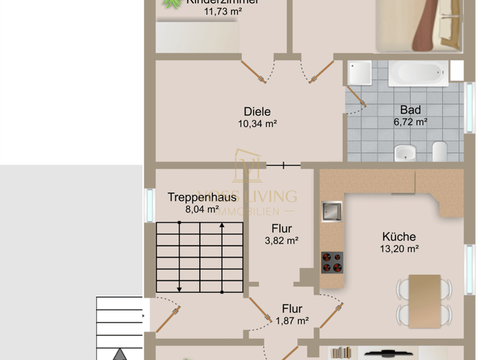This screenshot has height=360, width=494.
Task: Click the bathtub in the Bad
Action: point(419,73)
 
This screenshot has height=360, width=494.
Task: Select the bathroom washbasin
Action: point(405,152)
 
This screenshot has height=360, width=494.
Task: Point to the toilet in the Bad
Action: point(440,152)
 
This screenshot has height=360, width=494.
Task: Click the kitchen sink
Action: point(333,212)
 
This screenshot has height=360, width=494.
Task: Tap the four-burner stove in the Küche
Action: point(332,262)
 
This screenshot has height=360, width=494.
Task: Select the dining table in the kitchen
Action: point(425,299)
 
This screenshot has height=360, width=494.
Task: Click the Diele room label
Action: point(257,111)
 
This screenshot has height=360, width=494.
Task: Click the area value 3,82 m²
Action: point(282,241)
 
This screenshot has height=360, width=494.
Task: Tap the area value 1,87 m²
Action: point(292,321)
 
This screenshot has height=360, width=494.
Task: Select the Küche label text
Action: point(398,237)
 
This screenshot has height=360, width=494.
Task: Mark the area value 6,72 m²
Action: point(410,122)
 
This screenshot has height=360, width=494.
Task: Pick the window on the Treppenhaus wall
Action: point(149,205)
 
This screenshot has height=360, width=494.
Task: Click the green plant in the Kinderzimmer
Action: point(171,4)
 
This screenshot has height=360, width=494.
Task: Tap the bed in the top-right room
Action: point(418,24)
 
